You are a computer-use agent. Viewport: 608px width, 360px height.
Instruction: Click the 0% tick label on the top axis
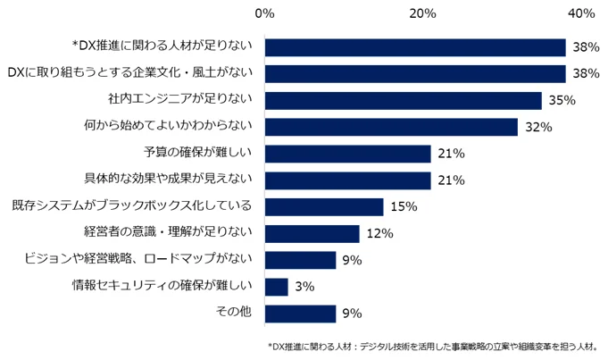point(264,13)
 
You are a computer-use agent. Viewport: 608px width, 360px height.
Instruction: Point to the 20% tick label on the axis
point(422,13)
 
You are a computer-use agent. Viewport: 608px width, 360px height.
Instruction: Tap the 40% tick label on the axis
point(581,13)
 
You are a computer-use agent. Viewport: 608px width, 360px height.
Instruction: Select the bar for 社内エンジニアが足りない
point(403,100)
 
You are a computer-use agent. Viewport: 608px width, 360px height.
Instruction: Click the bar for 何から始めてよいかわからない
point(391,127)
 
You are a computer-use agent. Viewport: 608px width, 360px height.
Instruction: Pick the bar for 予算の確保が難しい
point(347,154)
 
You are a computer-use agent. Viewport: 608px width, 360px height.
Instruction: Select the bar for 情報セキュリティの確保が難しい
point(276,287)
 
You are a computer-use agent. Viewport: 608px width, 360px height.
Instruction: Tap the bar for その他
point(300,314)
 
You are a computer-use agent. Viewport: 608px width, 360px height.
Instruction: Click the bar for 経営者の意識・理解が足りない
point(312,234)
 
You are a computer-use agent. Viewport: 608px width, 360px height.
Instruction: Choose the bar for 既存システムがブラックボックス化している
point(323,207)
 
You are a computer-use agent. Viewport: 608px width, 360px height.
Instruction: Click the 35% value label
point(561,101)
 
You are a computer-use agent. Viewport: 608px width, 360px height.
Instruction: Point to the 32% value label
point(537,128)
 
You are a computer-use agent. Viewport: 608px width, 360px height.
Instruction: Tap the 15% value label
point(404,207)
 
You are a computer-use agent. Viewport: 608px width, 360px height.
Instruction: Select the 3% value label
point(304,287)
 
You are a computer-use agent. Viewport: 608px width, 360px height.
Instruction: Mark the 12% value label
point(379,234)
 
